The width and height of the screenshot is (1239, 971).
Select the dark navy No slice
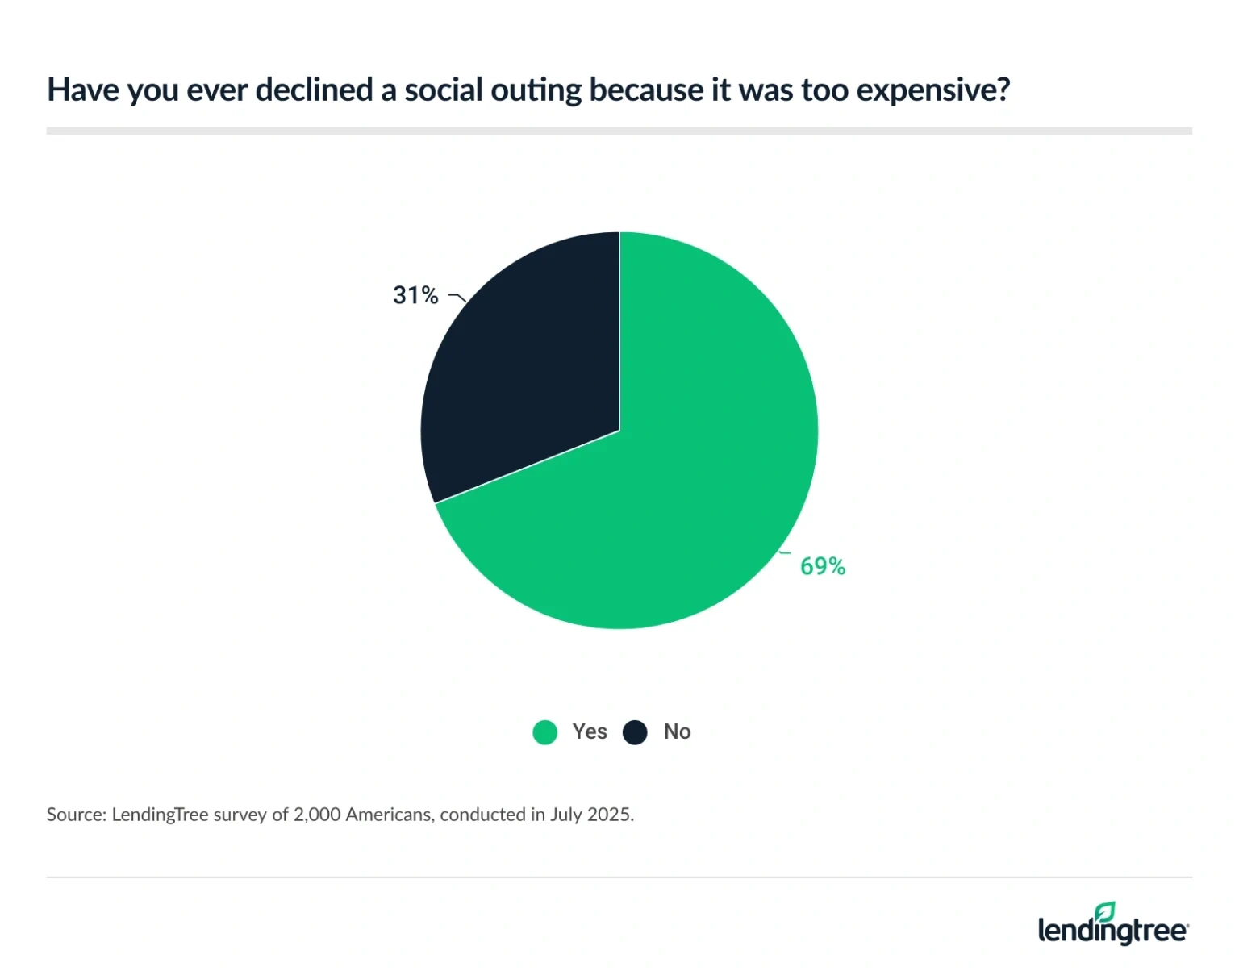pyautogui.click(x=524, y=379)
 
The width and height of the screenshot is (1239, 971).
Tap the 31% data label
pyautogui.click(x=415, y=296)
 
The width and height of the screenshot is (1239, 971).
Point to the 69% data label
pyautogui.click(x=822, y=566)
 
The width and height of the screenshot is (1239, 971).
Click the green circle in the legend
pyautogui.click(x=545, y=732)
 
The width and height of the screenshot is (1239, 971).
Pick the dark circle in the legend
pyautogui.click(x=635, y=732)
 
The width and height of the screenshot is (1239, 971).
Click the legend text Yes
pyautogui.click(x=590, y=731)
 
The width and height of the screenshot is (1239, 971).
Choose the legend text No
pyautogui.click(x=677, y=731)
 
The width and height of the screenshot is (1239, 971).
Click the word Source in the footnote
pyautogui.click(x=75, y=815)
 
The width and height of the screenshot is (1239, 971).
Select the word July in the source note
pyautogui.click(x=566, y=815)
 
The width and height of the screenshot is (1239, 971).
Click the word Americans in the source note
pyautogui.click(x=389, y=815)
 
